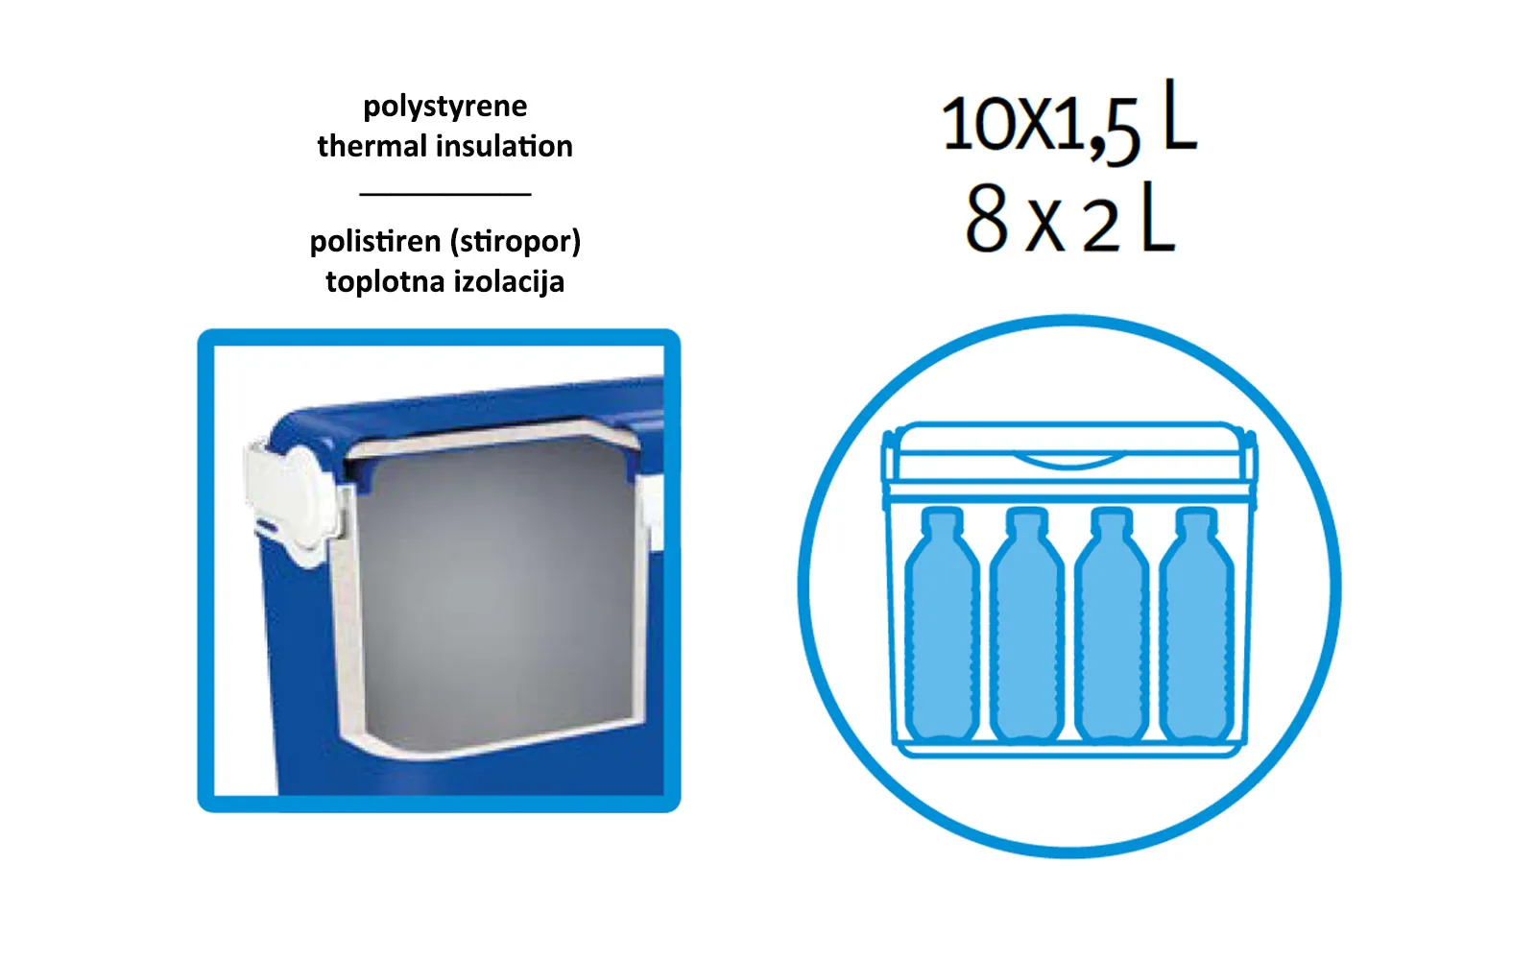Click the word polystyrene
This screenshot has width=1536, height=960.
click(x=445, y=107)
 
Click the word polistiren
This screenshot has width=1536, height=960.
click(x=375, y=241)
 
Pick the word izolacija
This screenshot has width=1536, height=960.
click(x=504, y=282)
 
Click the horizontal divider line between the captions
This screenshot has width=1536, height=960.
click(x=445, y=194)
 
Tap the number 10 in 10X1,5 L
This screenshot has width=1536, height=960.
click(x=978, y=124)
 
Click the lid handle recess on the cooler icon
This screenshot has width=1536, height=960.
click(x=1068, y=461)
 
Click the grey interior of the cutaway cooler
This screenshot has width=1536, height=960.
click(x=497, y=589)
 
